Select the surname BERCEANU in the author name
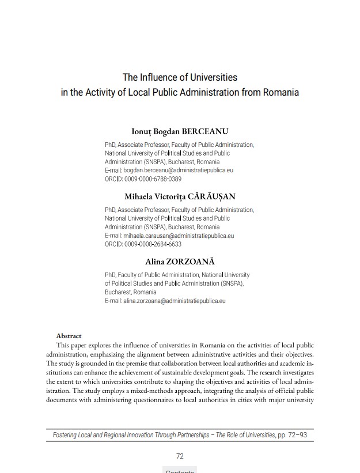click(204, 131)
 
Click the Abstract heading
click(69, 336)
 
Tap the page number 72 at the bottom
click(180, 456)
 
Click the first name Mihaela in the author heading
click(139, 196)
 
